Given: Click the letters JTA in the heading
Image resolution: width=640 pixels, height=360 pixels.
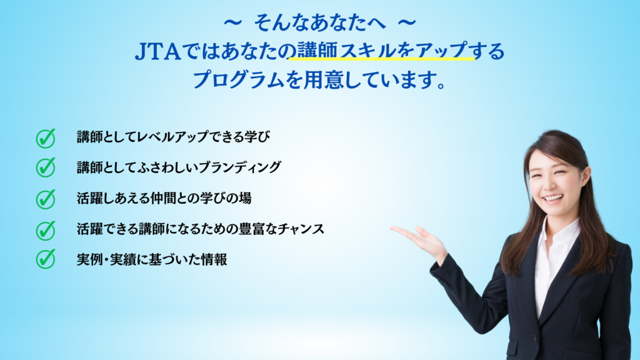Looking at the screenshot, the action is point(157,52).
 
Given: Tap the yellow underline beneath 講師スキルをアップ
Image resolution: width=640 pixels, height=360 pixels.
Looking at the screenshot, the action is point(382,59).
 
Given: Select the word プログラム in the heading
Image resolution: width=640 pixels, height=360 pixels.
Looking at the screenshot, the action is point(238,79).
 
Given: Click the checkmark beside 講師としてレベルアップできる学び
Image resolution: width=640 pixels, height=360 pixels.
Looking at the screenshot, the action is point(45,138).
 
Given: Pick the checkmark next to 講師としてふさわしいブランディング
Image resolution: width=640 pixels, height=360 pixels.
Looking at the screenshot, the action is point(45,167).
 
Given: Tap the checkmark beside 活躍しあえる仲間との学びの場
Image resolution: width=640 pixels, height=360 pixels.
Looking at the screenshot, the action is point(45,199).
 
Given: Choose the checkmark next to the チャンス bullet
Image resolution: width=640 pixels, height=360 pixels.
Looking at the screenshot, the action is point(45,230).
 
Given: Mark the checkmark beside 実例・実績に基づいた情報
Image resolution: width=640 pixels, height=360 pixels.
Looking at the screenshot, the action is point(45,259).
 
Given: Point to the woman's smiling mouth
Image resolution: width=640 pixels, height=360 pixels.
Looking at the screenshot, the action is point(552,199).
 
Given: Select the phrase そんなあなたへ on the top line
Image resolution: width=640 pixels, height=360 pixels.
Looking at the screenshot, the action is point(319,23).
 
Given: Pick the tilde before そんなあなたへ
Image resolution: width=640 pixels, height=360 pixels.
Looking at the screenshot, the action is point(232,23).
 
